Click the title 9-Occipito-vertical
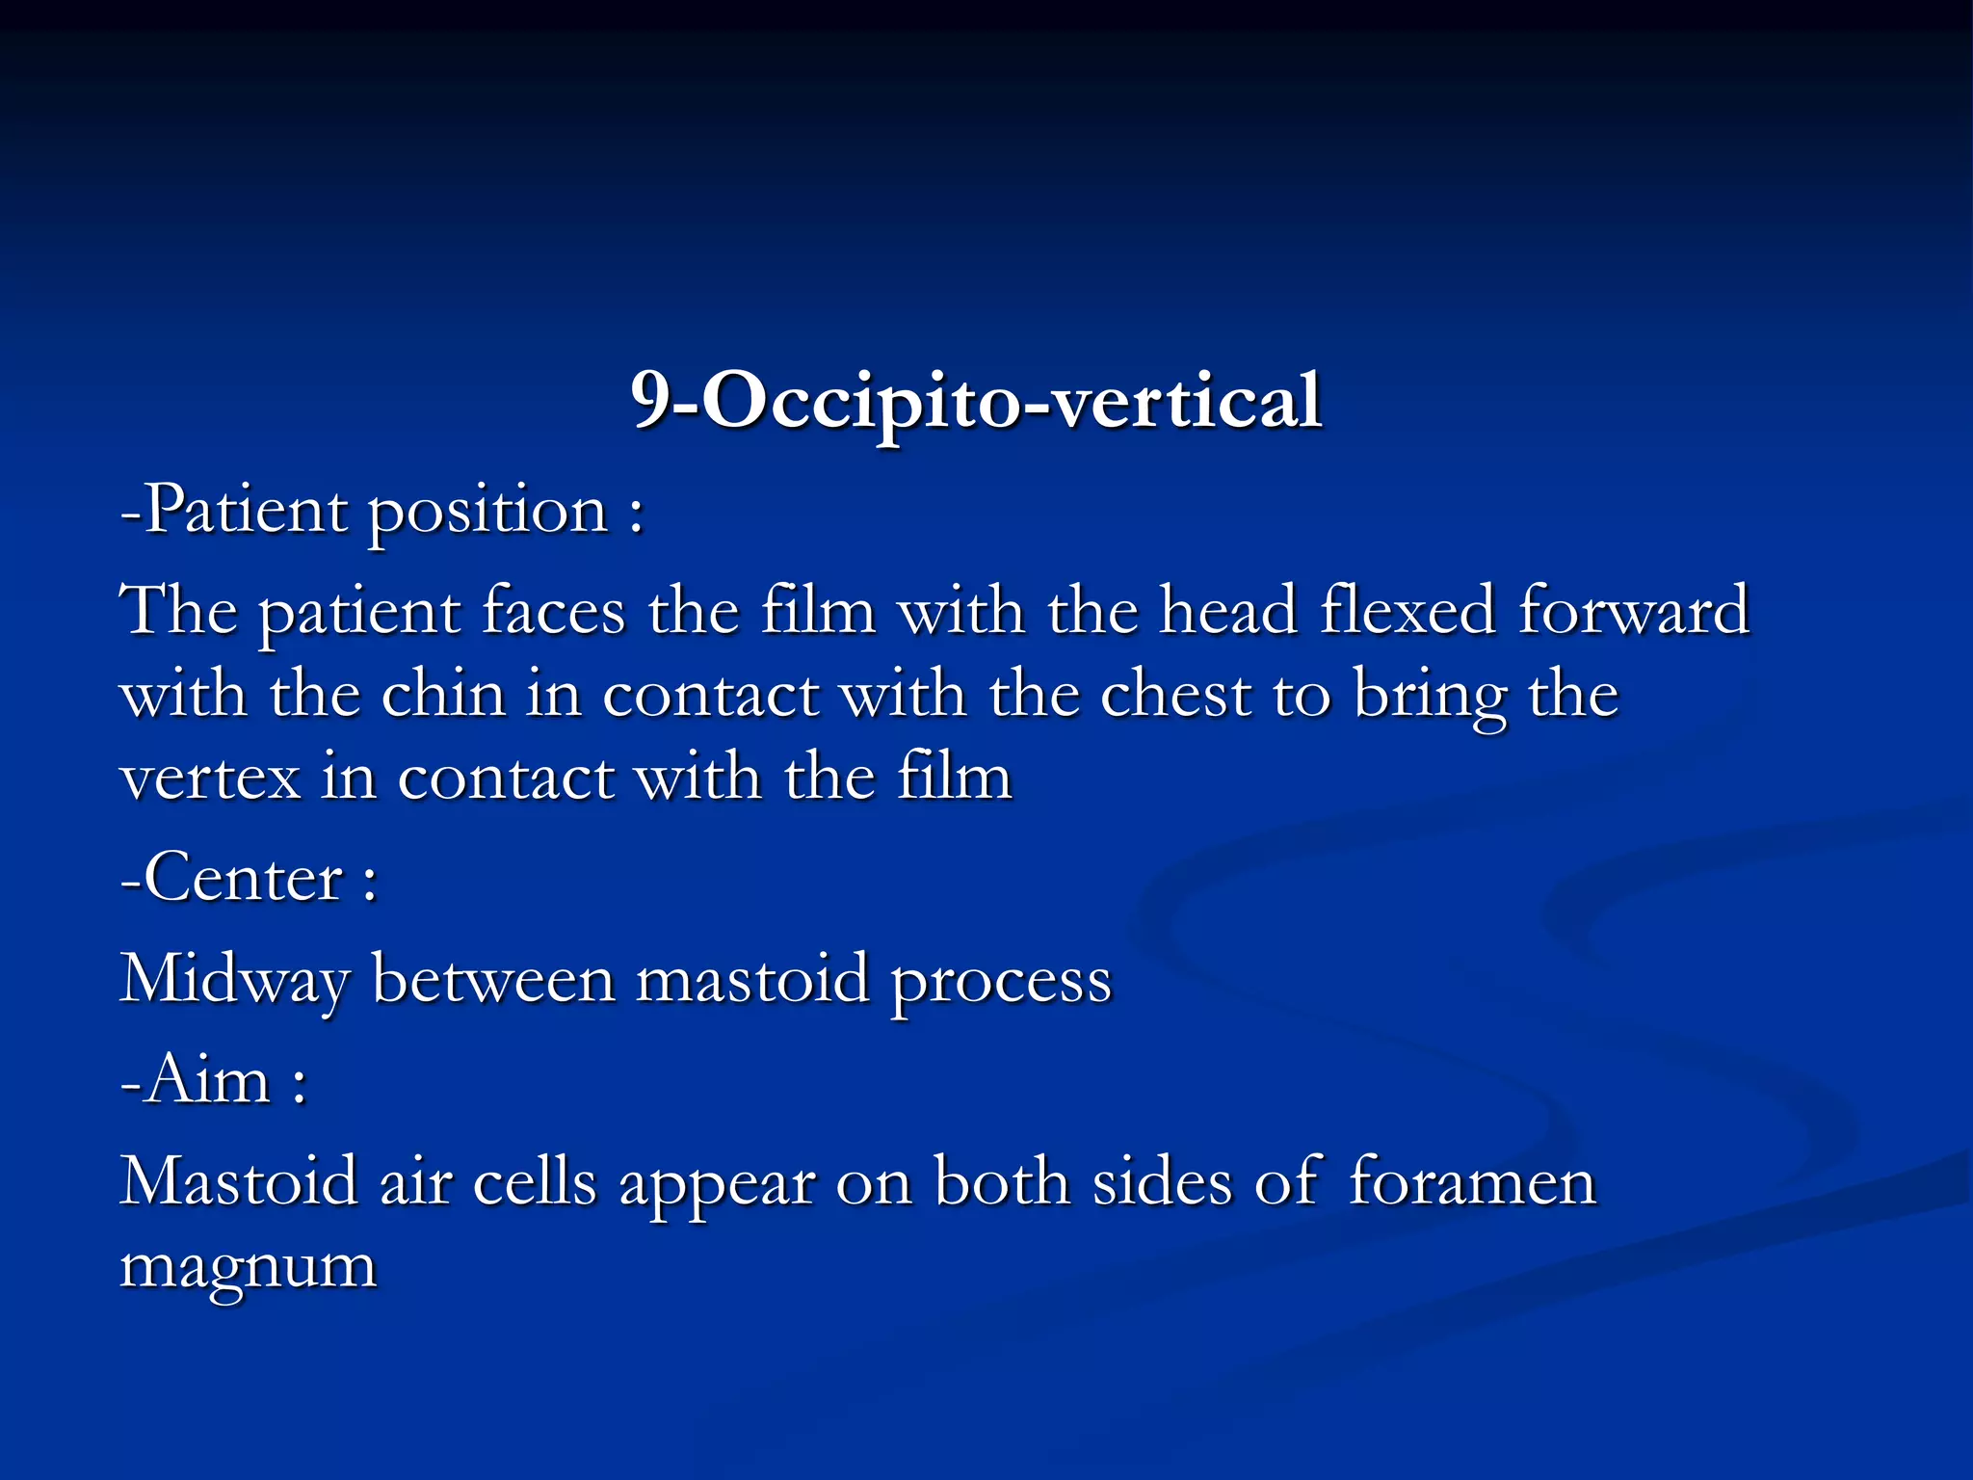coord(976,400)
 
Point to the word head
coord(1227,611)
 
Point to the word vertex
coord(210,779)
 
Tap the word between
coord(493,979)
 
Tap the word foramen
coord(1472,1181)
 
